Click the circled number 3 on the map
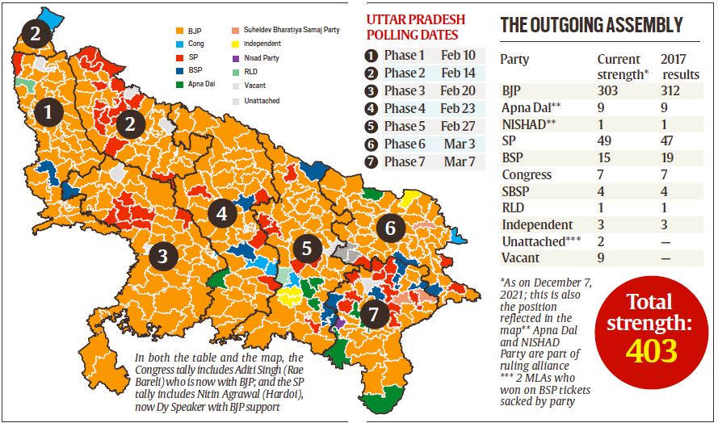tap(163, 257)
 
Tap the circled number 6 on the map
tap(390, 228)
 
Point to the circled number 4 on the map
tap(222, 214)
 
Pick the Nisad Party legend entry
tap(262, 57)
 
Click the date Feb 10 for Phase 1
tap(458, 56)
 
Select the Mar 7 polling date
tap(457, 161)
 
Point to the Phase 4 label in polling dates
tap(404, 109)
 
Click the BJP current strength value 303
tap(607, 90)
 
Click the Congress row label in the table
tap(527, 174)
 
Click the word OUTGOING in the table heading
tap(575, 25)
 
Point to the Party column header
tap(514, 60)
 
